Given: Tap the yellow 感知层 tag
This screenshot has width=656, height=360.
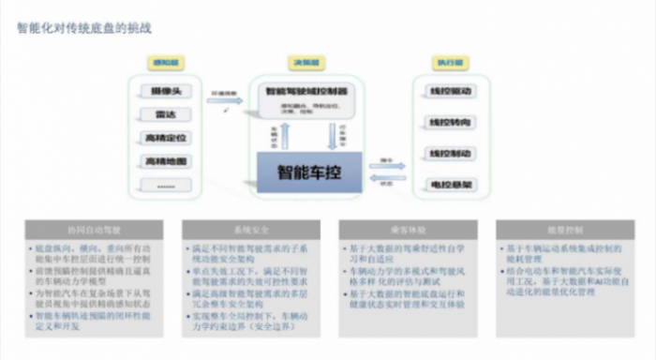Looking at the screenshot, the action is click(165, 63).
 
